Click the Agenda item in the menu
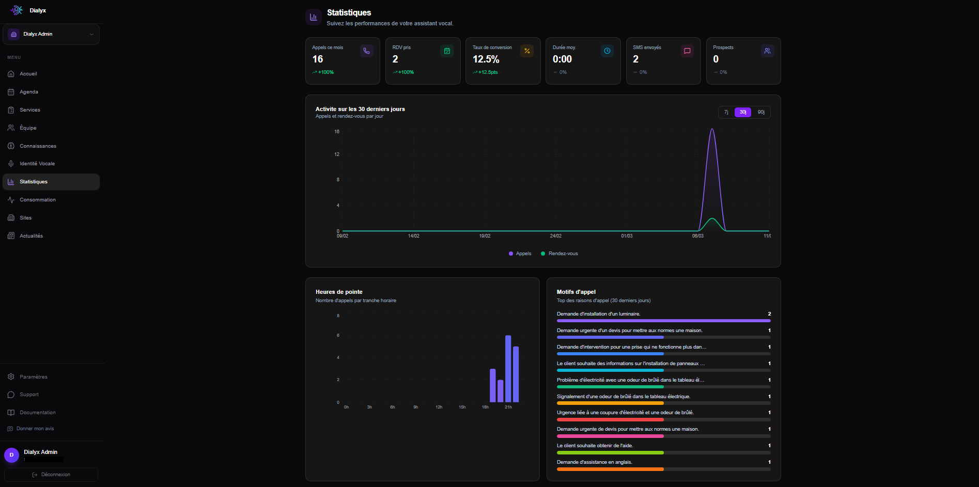[29, 92]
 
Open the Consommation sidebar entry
[37, 200]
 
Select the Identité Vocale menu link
[37, 164]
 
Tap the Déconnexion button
[51, 475]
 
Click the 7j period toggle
[726, 112]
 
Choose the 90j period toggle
[761, 112]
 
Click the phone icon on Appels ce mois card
[367, 51]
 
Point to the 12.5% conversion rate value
[486, 59]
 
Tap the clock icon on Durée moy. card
[607, 51]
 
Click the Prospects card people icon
[767, 51]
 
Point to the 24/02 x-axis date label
[555, 236]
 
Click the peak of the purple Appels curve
[712, 129]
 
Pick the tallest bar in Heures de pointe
[508, 368]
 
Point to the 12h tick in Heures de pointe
[439, 407]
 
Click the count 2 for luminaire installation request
[769, 314]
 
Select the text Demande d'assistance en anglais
[594, 462]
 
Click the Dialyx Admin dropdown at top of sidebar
[51, 34]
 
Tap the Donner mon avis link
[35, 429]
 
